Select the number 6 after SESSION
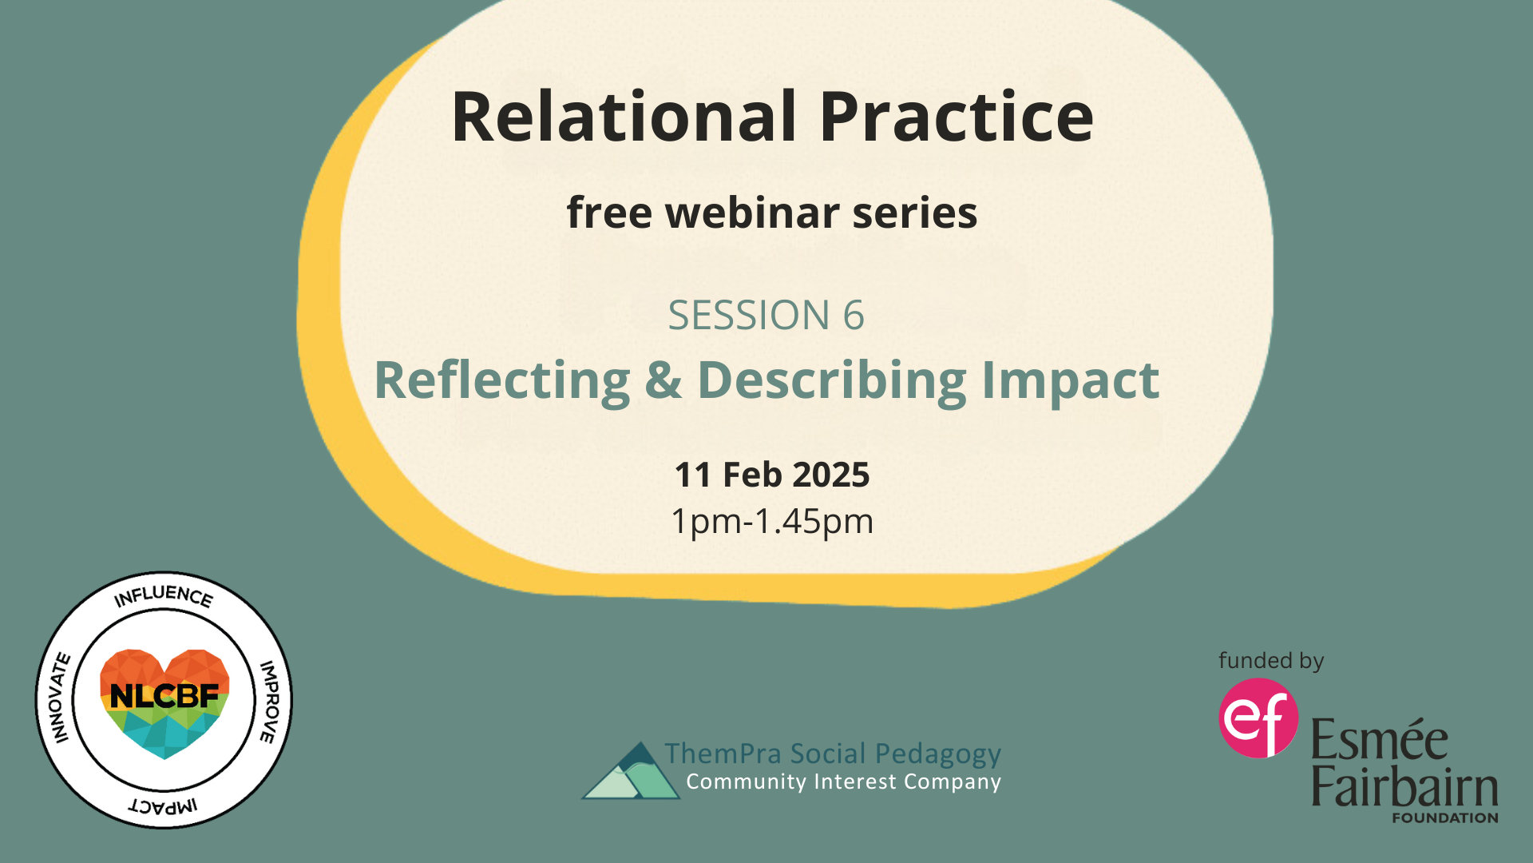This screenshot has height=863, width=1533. coord(854,315)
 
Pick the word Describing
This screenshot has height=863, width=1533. coord(831,381)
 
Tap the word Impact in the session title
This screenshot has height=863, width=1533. coord(1070,381)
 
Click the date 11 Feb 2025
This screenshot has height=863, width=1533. coord(771,475)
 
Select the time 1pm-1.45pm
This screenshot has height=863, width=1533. coord(771,521)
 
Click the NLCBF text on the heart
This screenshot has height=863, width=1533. coord(164,696)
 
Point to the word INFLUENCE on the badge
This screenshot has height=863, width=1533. coord(164,596)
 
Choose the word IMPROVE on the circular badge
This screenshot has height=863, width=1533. coord(270,702)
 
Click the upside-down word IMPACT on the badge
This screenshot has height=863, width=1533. coord(164,805)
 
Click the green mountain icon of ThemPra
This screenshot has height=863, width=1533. coord(631,773)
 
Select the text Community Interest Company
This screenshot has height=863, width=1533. coord(843,781)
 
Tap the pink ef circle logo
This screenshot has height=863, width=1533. coord(1258,718)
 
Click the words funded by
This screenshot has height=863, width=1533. coord(1271,661)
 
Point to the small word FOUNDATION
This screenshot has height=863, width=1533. coord(1444,817)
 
